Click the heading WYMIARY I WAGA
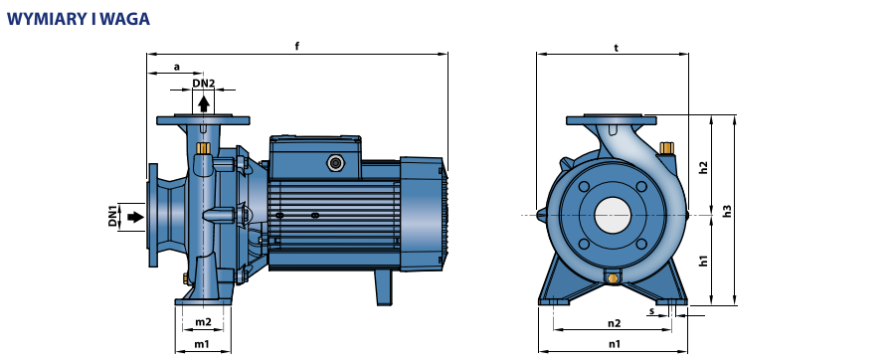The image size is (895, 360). (79, 19)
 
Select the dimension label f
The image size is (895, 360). (296, 46)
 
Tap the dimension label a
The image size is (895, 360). (176, 67)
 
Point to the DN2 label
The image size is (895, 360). (204, 84)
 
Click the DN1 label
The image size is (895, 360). (112, 216)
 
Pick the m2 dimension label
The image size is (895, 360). (203, 322)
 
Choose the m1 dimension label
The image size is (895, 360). (202, 344)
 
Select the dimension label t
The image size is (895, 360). (616, 48)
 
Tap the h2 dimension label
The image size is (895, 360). (703, 168)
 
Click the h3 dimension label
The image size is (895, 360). (727, 211)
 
